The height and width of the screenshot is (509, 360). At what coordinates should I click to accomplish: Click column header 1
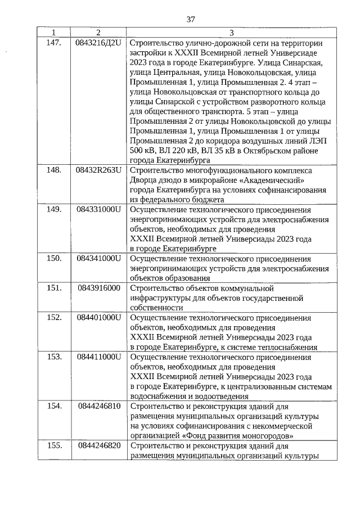(x=54, y=33)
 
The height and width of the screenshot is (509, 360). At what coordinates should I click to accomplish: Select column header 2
(x=98, y=33)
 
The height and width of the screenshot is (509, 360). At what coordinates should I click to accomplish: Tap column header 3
(x=231, y=33)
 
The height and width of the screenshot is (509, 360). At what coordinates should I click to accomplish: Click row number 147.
(x=54, y=43)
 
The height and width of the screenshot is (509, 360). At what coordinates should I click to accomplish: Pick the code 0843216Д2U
(x=98, y=43)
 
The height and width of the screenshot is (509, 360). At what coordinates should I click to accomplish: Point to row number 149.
(x=54, y=209)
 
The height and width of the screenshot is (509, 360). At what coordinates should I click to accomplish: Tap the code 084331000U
(x=99, y=209)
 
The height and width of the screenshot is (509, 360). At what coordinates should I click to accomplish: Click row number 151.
(x=54, y=288)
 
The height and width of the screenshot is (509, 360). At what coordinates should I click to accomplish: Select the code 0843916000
(x=99, y=288)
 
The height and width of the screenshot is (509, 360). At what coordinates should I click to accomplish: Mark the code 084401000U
(x=99, y=317)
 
